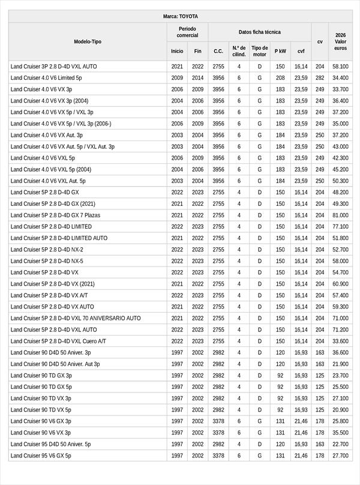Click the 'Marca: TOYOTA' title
[x=180, y=16]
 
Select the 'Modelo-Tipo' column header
[x=88, y=41]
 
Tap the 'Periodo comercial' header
[x=187, y=32]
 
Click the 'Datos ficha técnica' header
[x=259, y=32]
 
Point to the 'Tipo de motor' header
[x=260, y=51]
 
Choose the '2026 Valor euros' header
[x=340, y=41]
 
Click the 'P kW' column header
[x=280, y=51]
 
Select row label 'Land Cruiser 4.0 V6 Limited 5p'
[x=46, y=78]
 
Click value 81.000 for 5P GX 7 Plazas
[x=340, y=215]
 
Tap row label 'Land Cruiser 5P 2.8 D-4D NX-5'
[x=47, y=261]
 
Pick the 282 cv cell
[x=320, y=78]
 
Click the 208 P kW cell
[x=280, y=78]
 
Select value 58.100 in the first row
[x=340, y=67]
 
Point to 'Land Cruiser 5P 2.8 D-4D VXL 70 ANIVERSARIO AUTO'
[x=76, y=318]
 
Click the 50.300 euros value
[x=340, y=181]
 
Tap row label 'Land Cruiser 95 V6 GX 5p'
[x=41, y=456]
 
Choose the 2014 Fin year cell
[x=198, y=78]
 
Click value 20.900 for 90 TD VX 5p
[x=340, y=410]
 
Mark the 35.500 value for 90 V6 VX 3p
[x=340, y=433]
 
